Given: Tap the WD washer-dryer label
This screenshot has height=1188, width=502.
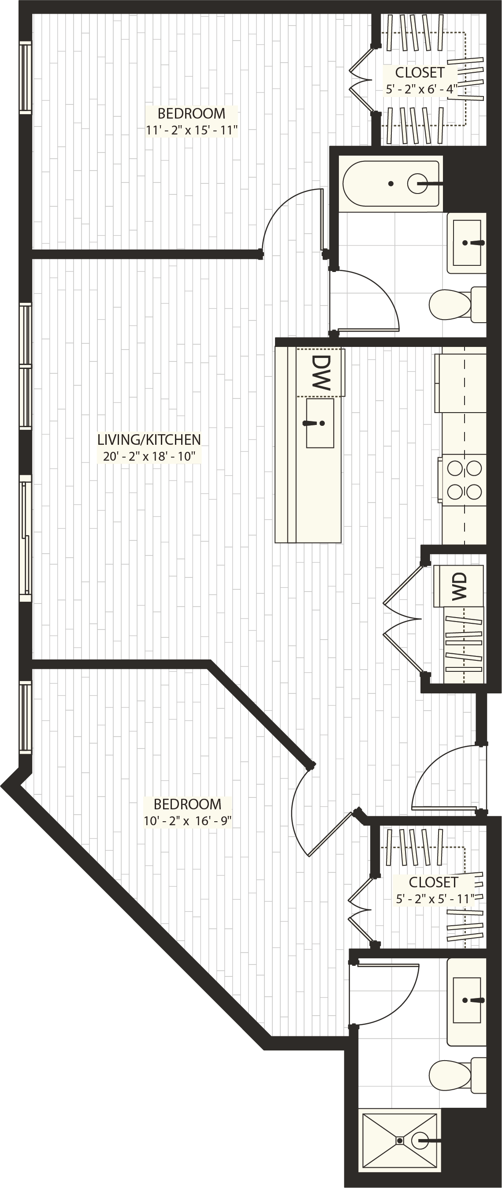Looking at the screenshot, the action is (x=460, y=586).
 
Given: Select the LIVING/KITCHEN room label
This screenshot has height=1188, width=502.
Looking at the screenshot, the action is (x=149, y=439).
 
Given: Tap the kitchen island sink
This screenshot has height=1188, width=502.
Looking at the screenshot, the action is (x=320, y=423).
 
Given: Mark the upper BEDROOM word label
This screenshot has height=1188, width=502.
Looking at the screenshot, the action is (x=191, y=113).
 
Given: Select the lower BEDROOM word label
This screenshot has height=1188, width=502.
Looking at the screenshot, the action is (x=187, y=804).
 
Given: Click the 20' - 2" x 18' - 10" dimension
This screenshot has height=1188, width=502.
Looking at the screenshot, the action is (x=149, y=457).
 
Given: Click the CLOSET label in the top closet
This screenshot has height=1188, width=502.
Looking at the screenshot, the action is (x=420, y=72).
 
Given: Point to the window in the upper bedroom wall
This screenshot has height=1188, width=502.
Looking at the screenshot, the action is (x=26, y=77).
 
